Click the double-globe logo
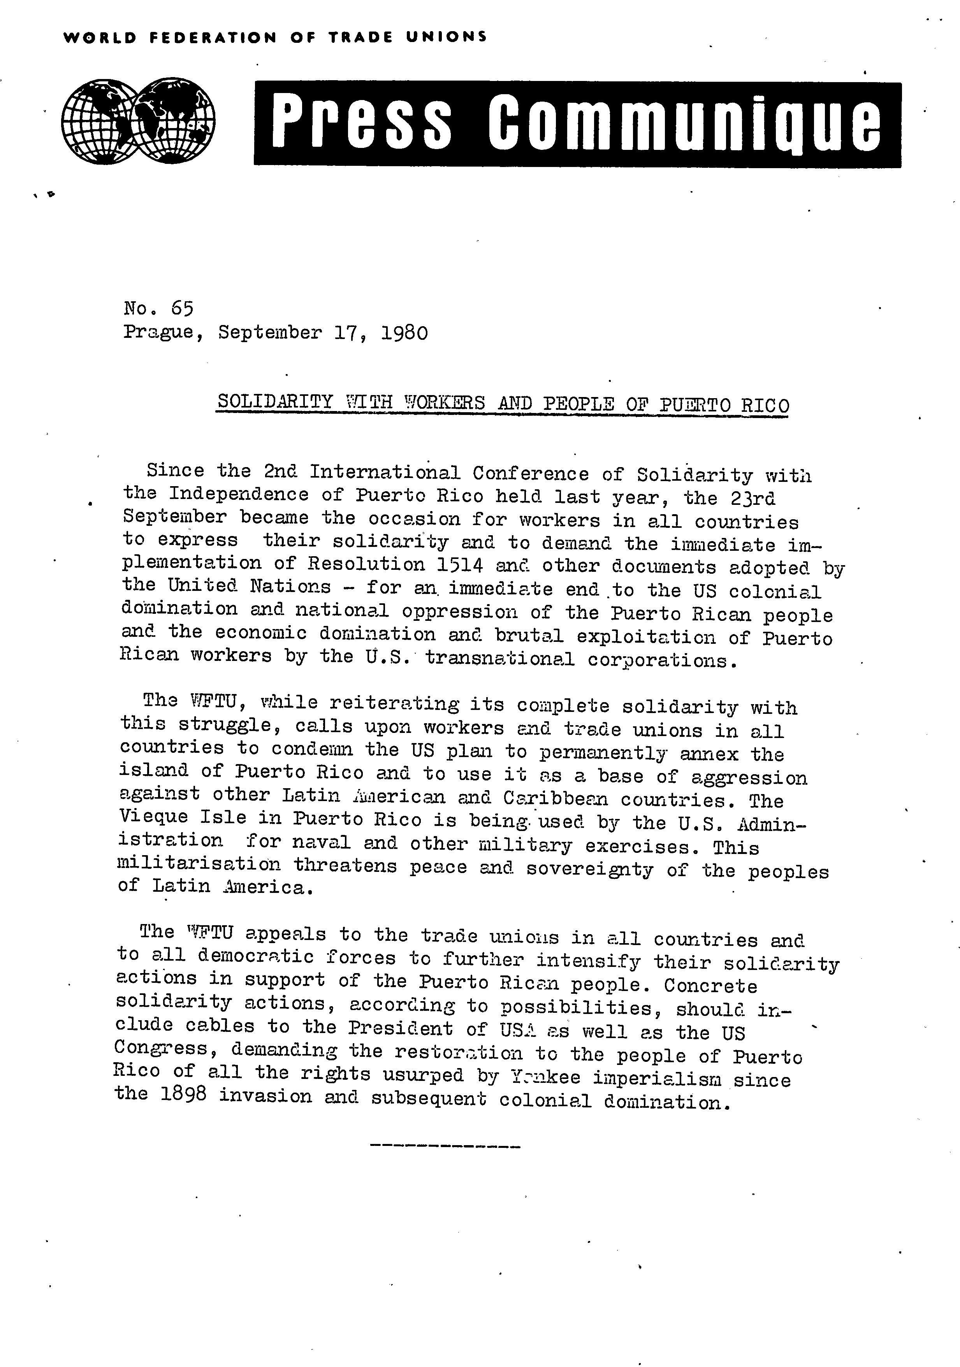[138, 121]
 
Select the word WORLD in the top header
[99, 37]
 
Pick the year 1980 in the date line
[404, 332]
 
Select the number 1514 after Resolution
[462, 564]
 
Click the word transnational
[499, 659]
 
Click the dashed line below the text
[445, 1145]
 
